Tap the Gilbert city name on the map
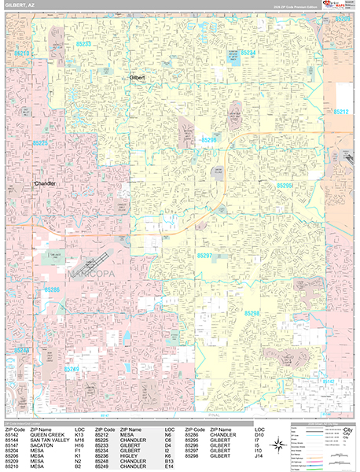point(139,79)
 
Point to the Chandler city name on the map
point(48,183)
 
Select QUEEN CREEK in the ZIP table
point(46,433)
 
